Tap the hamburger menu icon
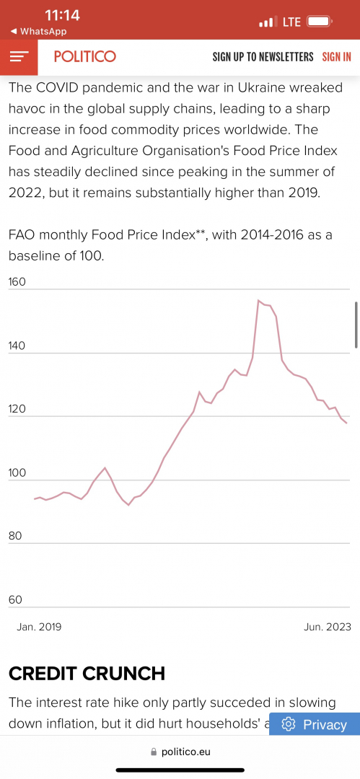click(19, 57)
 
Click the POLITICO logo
click(85, 57)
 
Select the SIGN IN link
click(337, 57)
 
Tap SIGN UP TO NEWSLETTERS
click(263, 57)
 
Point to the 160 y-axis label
click(17, 282)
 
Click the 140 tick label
click(17, 346)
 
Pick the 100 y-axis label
click(17, 473)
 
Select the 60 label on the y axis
click(15, 599)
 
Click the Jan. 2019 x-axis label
click(39, 627)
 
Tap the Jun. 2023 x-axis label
click(328, 627)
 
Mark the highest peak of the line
click(258, 300)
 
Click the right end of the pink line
click(346, 423)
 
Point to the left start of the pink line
click(35, 499)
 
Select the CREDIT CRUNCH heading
click(87, 674)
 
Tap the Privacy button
click(315, 724)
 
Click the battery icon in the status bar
click(319, 22)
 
